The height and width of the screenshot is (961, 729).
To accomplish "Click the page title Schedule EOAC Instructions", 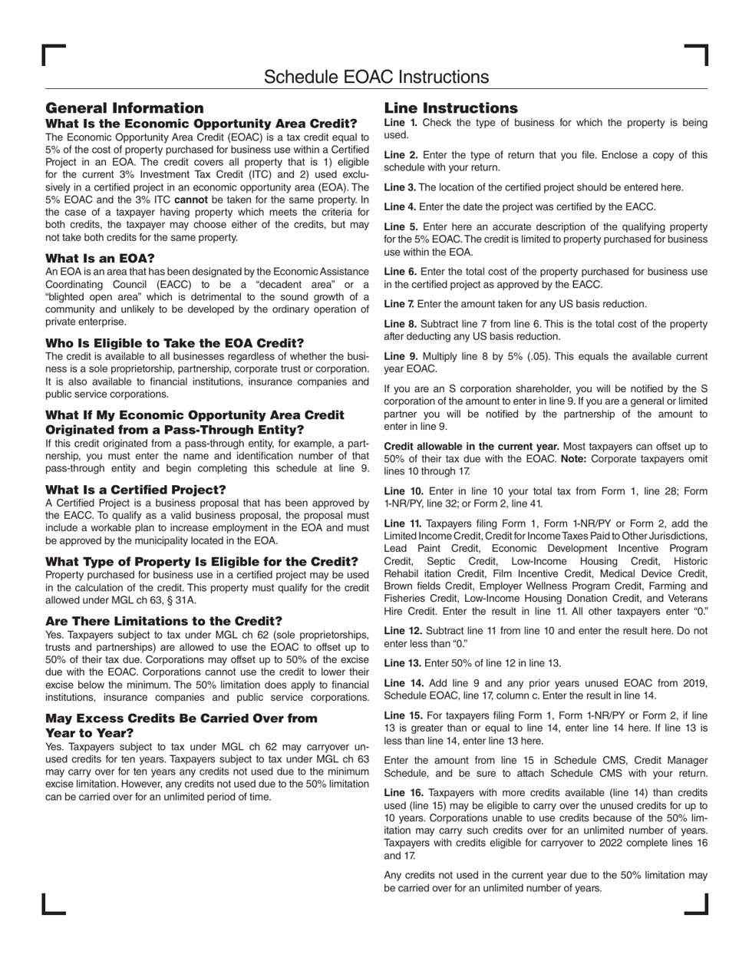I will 376,77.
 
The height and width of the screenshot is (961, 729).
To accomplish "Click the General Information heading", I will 124,108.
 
